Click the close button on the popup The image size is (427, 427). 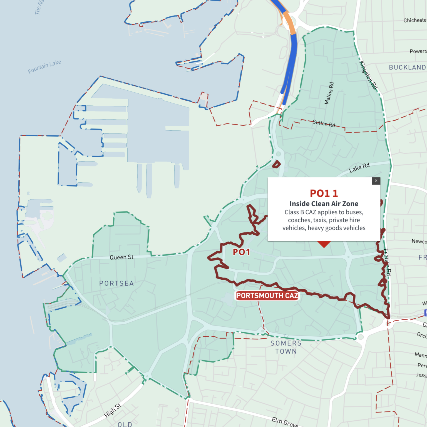376,181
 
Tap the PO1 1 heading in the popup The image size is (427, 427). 324,193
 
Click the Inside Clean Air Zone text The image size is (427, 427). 324,204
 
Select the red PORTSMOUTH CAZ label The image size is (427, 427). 267,296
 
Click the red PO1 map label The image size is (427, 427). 241,252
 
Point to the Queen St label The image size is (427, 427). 121,257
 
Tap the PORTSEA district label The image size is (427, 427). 116,283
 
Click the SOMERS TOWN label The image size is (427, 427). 286,347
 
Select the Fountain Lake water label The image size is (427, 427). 44,67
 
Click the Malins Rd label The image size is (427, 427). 329,93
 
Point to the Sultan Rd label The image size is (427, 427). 324,123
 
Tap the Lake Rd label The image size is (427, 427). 359,168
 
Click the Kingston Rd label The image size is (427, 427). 369,75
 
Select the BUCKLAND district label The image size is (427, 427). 407,68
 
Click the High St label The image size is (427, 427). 113,410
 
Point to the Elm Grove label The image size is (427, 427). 285,422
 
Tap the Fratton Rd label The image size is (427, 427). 387,262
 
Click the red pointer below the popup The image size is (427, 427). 324,244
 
